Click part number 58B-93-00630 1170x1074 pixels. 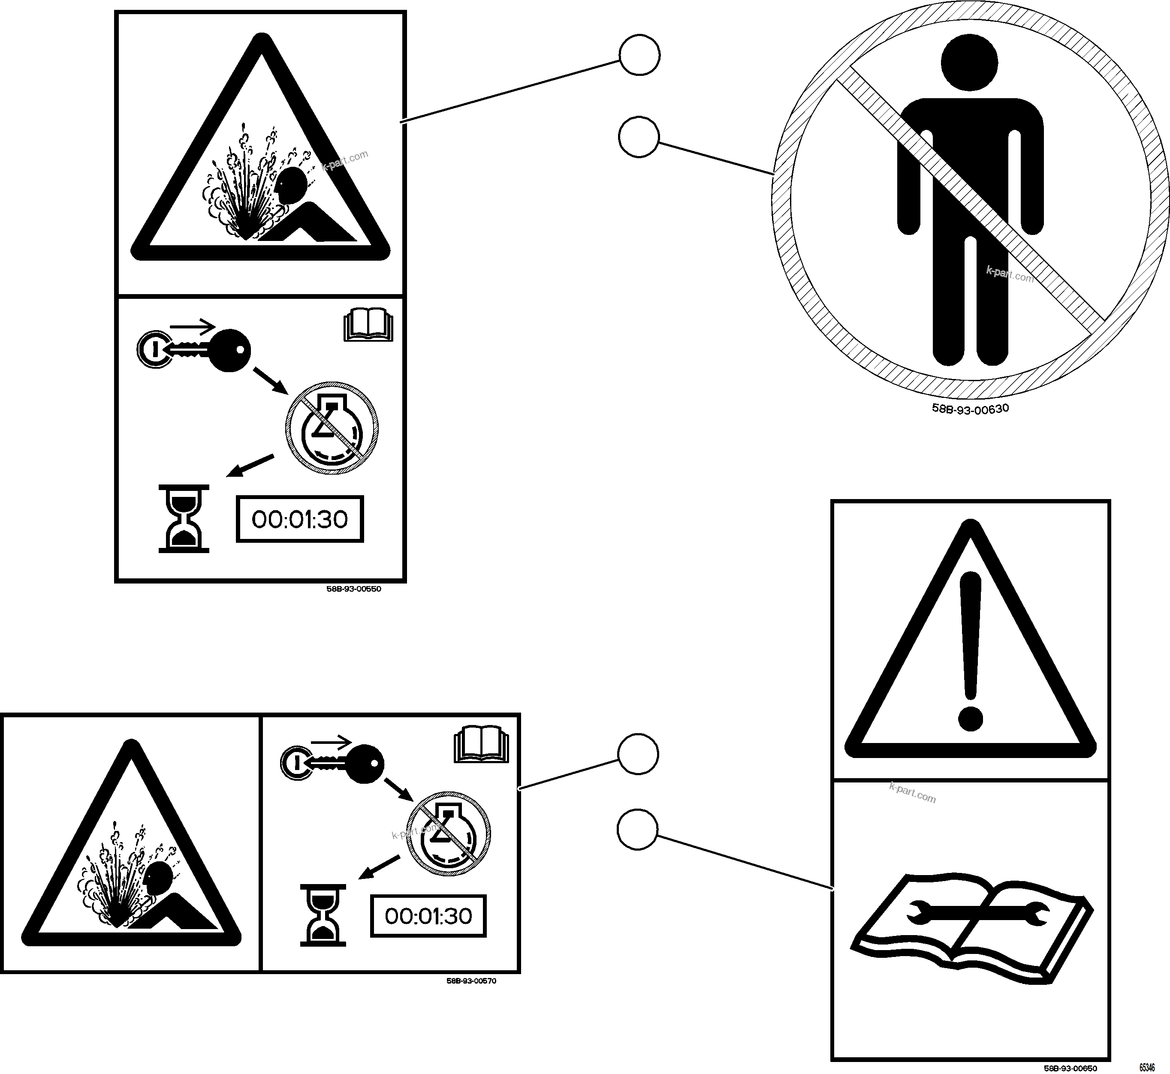(970, 408)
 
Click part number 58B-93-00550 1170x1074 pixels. (353, 589)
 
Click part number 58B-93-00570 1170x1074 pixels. (471, 981)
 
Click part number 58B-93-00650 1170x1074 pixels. (1070, 1068)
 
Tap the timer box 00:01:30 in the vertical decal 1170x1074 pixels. (299, 519)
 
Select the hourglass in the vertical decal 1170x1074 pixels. (184, 519)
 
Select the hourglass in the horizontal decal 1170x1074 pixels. (323, 915)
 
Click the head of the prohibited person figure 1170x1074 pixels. (969, 62)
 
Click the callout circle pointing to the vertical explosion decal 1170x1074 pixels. (639, 55)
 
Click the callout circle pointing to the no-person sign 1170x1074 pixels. (639, 137)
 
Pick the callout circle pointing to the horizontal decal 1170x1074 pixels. (638, 754)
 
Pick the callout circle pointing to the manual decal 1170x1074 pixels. (637, 831)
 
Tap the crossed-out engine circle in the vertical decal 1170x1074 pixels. (332, 428)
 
